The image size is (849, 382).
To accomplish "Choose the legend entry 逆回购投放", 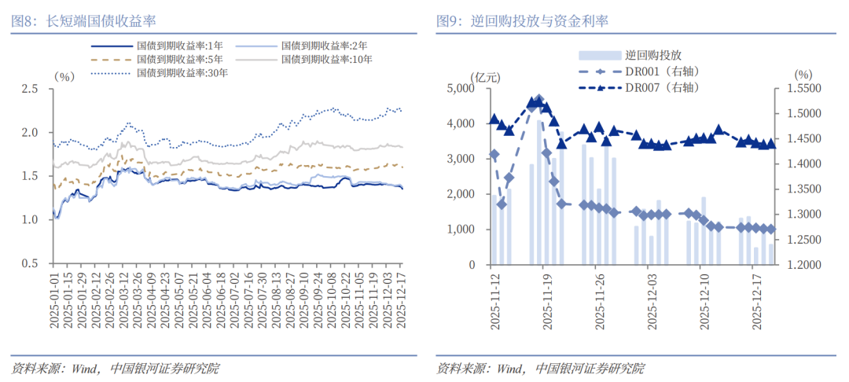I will click(652, 55).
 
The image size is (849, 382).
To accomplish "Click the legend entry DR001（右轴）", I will click(662, 72).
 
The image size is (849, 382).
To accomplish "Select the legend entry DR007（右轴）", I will click(662, 86).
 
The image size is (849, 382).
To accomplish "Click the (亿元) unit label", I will click(484, 75).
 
